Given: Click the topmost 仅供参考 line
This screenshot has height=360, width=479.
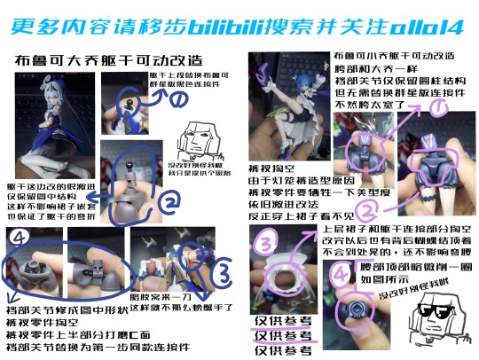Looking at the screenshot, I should [280, 320].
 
